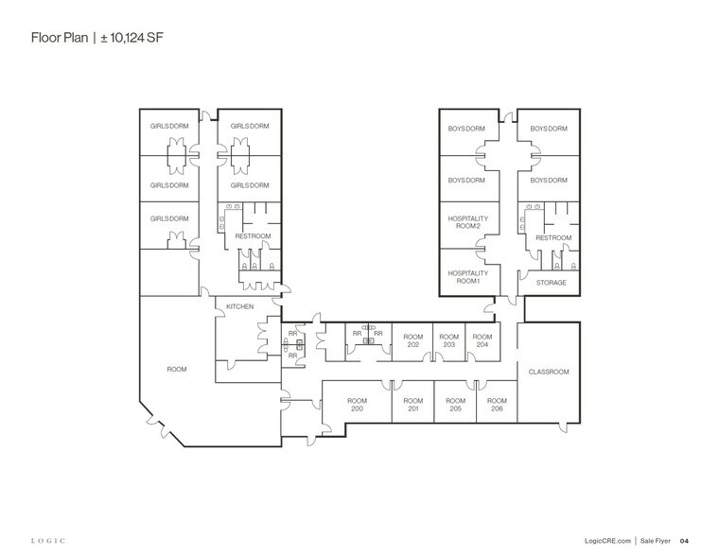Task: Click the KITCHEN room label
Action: [239, 307]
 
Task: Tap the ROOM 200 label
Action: [357, 404]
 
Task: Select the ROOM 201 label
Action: [412, 404]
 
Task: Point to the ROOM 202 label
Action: [412, 340]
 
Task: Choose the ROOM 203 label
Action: [449, 340]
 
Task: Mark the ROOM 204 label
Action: [482, 340]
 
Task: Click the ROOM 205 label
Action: [455, 404]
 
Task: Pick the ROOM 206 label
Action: [496, 404]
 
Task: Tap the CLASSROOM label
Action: [549, 372]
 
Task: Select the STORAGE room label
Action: [551, 283]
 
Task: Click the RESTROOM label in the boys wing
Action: [552, 237]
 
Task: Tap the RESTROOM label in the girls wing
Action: [253, 235]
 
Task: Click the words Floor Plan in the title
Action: [59, 39]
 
